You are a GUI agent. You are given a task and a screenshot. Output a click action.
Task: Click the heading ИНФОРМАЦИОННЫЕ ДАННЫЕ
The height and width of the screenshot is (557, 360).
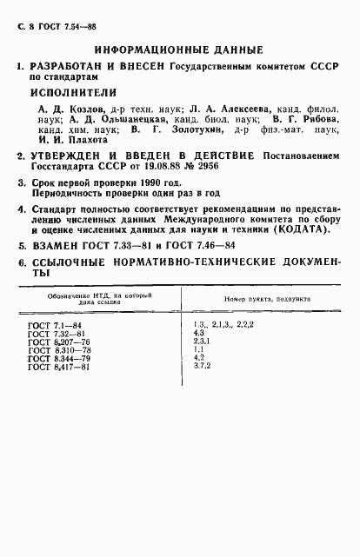click(x=180, y=50)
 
